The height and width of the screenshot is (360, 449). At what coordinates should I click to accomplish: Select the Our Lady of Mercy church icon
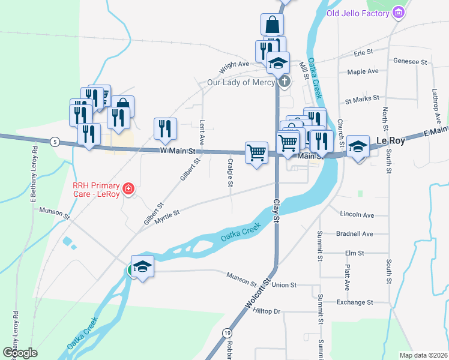285,82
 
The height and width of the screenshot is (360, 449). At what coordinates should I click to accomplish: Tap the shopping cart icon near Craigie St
257,152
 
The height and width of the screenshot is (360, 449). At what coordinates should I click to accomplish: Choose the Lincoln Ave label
357,214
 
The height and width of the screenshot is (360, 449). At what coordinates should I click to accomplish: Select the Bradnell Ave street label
355,233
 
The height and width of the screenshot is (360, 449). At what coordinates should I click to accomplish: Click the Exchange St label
355,302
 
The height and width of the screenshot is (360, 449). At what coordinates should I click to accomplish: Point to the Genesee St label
410,61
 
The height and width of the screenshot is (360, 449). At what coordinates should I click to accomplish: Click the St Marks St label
362,98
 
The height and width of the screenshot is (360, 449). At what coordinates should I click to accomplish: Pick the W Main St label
179,152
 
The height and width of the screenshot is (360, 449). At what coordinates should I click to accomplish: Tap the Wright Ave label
234,64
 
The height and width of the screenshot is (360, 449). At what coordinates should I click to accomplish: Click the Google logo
20,353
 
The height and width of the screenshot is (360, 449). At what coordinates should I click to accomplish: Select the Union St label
285,285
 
